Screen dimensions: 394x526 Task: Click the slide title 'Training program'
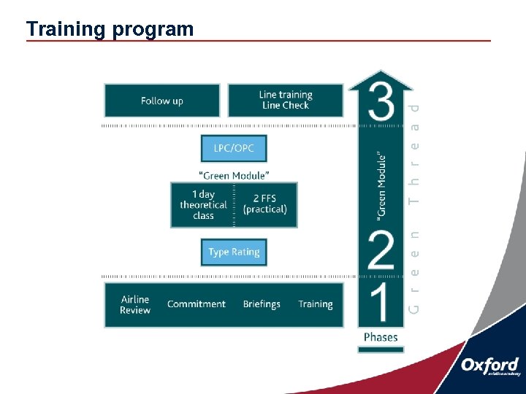110,28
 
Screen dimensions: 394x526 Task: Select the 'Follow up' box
161,101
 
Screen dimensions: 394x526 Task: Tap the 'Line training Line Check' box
285,100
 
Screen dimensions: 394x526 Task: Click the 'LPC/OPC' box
234,148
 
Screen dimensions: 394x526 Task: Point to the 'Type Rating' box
234,252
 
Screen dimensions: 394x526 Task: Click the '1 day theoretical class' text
203,205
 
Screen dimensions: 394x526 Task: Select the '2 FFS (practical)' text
265,204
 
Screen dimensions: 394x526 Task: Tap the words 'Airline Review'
135,305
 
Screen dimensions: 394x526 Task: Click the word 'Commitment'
196,304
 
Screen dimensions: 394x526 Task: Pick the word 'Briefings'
262,304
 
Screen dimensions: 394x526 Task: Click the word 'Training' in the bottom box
315,304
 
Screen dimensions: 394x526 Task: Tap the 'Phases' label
381,337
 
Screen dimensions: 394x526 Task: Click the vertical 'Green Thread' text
414,208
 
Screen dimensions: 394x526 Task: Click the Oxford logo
489,367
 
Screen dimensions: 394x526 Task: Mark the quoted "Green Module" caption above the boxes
234,175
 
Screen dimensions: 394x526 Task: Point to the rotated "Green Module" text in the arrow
381,185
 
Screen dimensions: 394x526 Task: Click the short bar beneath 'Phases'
381,349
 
